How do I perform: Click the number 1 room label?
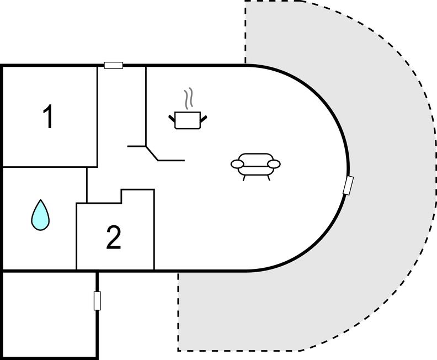click(49, 117)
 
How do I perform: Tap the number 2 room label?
click(113, 238)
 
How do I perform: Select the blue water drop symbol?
click(40, 215)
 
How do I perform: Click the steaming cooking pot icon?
click(186, 119)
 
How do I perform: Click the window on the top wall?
click(114, 66)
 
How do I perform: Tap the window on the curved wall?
click(348, 186)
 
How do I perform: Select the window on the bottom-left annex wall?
click(97, 301)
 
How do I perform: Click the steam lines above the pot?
click(190, 97)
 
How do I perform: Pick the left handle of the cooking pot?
click(172, 117)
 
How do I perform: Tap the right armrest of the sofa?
click(274, 163)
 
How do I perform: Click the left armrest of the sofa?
click(237, 163)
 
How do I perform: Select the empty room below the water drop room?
click(50, 315)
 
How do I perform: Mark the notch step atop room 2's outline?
click(121, 197)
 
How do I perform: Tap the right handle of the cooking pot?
click(203, 117)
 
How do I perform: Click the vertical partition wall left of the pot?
click(146, 105)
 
